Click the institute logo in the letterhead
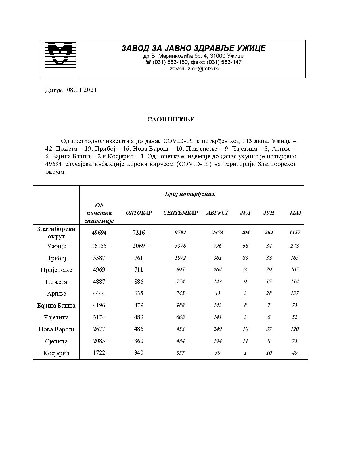(x=60, y=55)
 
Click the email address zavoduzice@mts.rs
(x=194, y=69)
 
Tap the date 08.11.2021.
(x=83, y=90)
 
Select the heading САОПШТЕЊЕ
(x=171, y=119)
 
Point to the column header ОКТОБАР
(x=139, y=213)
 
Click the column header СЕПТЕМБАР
(x=181, y=213)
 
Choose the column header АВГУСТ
(x=217, y=213)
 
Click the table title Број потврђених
(x=190, y=194)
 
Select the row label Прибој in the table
(x=56, y=258)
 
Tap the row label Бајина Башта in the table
(x=56, y=306)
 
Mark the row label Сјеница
(x=56, y=341)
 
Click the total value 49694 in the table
(x=99, y=233)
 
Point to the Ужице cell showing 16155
(x=99, y=246)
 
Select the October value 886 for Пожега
(x=139, y=282)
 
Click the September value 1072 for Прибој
(x=180, y=258)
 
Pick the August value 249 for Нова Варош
(x=217, y=329)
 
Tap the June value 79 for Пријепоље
(x=269, y=270)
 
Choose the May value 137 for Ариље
(x=295, y=293)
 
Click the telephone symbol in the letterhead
(x=148, y=62)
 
